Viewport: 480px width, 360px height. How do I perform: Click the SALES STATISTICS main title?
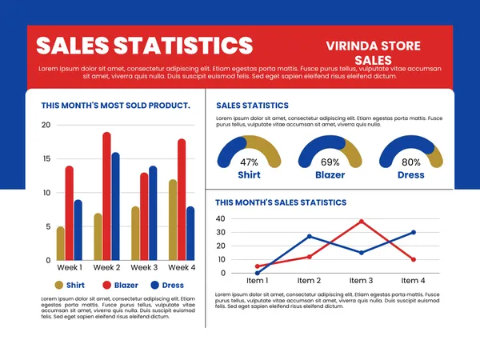point(145,45)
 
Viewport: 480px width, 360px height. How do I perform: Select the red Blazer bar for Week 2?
point(106,196)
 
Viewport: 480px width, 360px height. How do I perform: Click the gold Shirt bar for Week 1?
point(60,243)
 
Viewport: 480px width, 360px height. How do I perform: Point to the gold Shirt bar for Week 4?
point(172,219)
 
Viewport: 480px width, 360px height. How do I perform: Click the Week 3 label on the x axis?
point(144,267)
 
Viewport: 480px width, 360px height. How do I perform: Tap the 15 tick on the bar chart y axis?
point(45,159)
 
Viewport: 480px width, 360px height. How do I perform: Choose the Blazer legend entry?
point(119,285)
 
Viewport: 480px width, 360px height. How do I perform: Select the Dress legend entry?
point(165,285)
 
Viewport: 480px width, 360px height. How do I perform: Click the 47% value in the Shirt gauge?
point(249,162)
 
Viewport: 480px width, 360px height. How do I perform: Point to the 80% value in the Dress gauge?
point(411,162)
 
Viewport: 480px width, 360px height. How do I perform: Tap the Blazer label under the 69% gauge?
point(330,174)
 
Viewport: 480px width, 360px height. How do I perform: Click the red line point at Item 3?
point(362,222)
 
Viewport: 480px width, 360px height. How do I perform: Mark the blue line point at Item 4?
point(414,232)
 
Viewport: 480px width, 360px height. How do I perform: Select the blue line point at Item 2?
point(310,237)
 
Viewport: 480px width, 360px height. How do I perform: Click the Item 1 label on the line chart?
point(257,281)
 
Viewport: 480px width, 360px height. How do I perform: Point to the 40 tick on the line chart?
point(221,218)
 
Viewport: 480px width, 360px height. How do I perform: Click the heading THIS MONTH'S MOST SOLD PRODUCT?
point(115,105)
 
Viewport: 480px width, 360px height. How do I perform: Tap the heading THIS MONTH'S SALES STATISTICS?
point(281,203)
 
